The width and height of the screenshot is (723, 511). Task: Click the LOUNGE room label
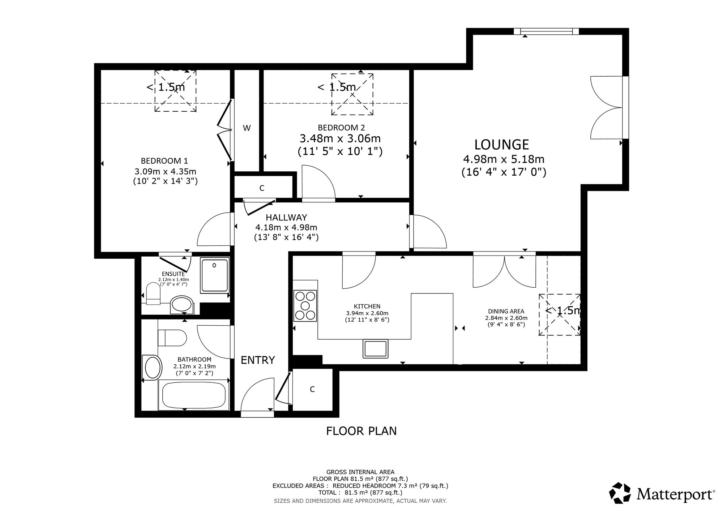coord(502,145)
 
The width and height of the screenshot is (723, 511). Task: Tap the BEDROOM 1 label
coord(164,161)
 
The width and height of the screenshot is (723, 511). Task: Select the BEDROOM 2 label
coord(341,128)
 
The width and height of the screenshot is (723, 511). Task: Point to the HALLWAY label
coord(286,218)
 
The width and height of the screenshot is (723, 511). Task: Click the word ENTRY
coord(258,360)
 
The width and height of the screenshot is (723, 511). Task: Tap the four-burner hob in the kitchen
coord(305,306)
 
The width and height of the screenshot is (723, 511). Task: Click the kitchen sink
coord(376,348)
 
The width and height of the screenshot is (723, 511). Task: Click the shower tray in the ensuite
coord(215,275)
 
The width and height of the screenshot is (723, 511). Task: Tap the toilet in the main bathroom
coord(172,338)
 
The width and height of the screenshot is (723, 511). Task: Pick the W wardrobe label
coord(247,128)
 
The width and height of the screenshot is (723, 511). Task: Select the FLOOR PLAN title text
coord(361,431)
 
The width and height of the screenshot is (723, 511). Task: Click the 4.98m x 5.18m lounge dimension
coord(504,159)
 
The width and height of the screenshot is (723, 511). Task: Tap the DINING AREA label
coord(506,311)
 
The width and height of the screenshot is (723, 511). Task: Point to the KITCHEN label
coord(367,306)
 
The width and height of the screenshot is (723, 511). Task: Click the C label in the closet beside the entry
coord(312,389)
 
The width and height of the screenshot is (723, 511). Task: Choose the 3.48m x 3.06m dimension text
coord(340,138)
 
